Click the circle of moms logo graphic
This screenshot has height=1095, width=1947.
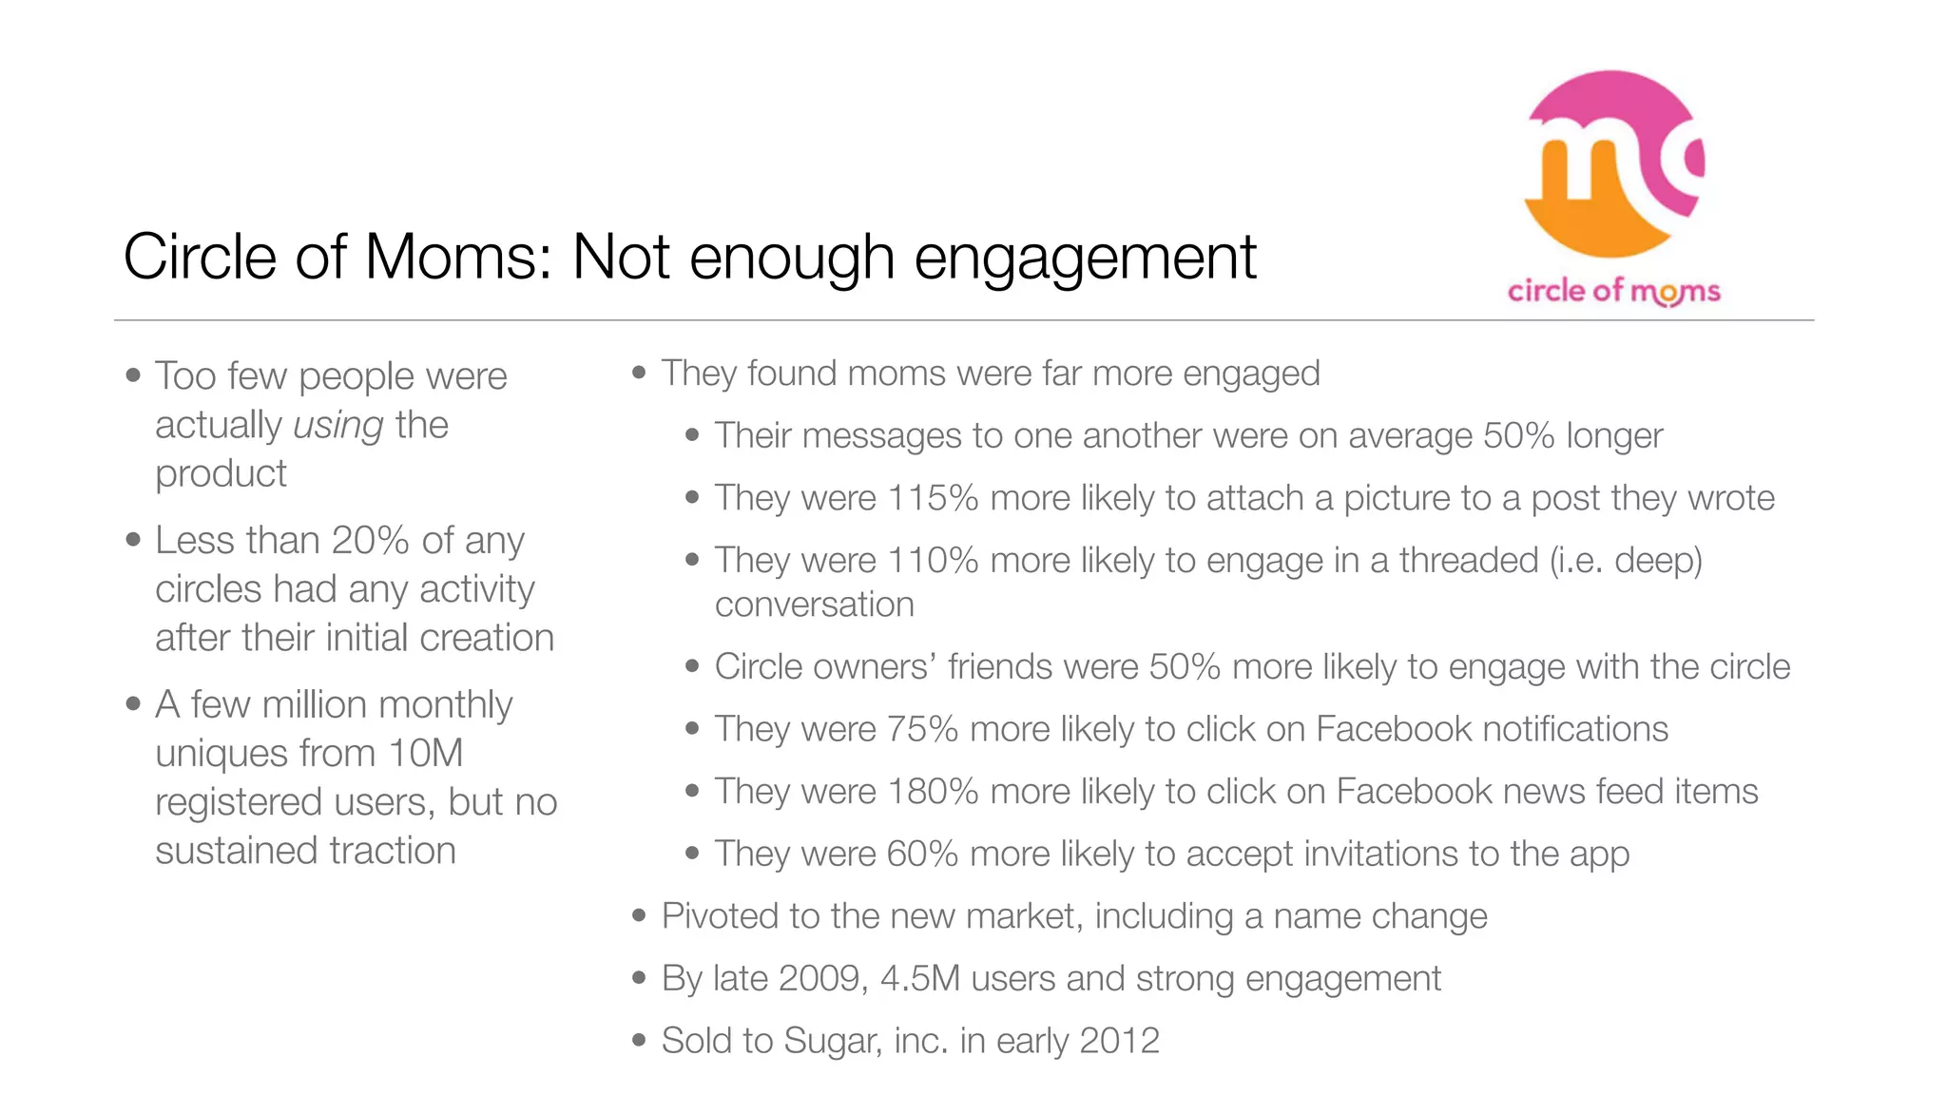click(1613, 163)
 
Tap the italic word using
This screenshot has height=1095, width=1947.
click(338, 425)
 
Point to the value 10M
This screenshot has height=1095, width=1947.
click(426, 753)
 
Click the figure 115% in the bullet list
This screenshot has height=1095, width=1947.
click(932, 498)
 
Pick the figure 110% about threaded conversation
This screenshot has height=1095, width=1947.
click(932, 561)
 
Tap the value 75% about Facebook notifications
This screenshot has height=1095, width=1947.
click(922, 729)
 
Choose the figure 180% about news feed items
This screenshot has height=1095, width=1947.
click(932, 792)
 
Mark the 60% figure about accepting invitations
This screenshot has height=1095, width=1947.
click(922, 854)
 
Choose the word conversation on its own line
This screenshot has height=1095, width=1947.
click(814, 605)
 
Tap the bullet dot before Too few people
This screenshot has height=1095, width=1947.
click(133, 375)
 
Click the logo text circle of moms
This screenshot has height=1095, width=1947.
click(1613, 291)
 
